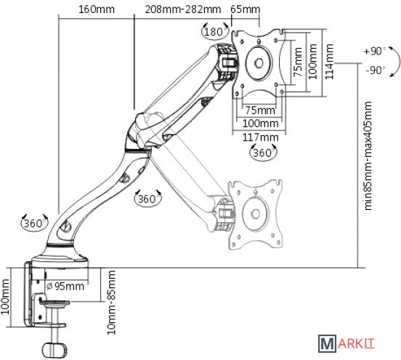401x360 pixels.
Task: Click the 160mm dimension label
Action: [97, 9]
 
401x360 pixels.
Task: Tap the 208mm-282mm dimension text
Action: [183, 9]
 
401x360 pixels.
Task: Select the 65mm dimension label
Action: [246, 9]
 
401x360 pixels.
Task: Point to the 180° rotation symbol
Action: [215, 31]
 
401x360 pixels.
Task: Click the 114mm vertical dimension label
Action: [329, 62]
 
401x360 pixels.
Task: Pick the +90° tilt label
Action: [375, 52]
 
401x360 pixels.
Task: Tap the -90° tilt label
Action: [376, 70]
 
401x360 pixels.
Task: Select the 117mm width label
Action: [260, 137]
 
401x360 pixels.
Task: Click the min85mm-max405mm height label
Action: [368, 155]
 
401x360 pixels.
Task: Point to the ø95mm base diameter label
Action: [65, 286]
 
